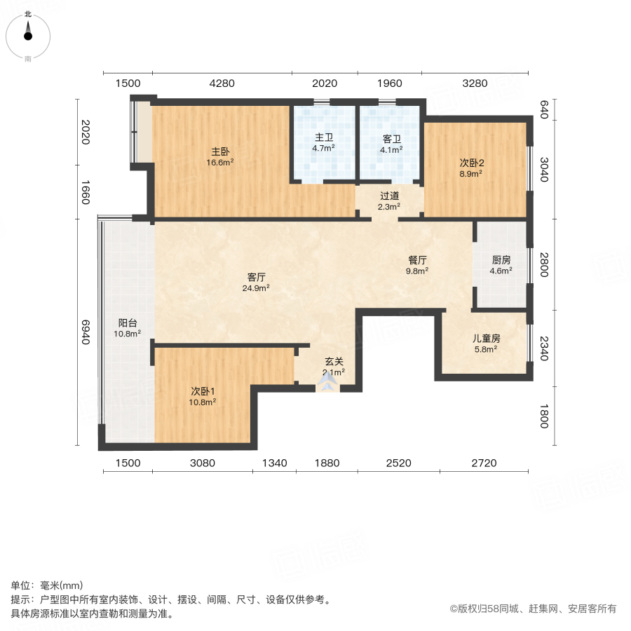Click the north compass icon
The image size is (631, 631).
coord(28,32)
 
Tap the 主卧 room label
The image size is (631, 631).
coord(220,151)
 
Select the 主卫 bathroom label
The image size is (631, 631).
coord(323,137)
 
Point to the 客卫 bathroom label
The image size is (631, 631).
coord(391,138)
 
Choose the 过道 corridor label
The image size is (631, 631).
coord(390,196)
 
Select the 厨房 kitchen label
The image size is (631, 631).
coord(501,259)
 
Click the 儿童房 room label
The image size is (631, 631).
coord(485,337)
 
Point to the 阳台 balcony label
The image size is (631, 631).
coord(128,323)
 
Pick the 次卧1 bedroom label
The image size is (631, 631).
coord(203,391)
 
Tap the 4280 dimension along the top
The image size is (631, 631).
coord(222,83)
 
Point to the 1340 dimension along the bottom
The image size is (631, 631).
coord(275,463)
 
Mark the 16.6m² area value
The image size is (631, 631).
coord(220,163)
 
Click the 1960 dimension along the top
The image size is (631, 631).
coord(390,83)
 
